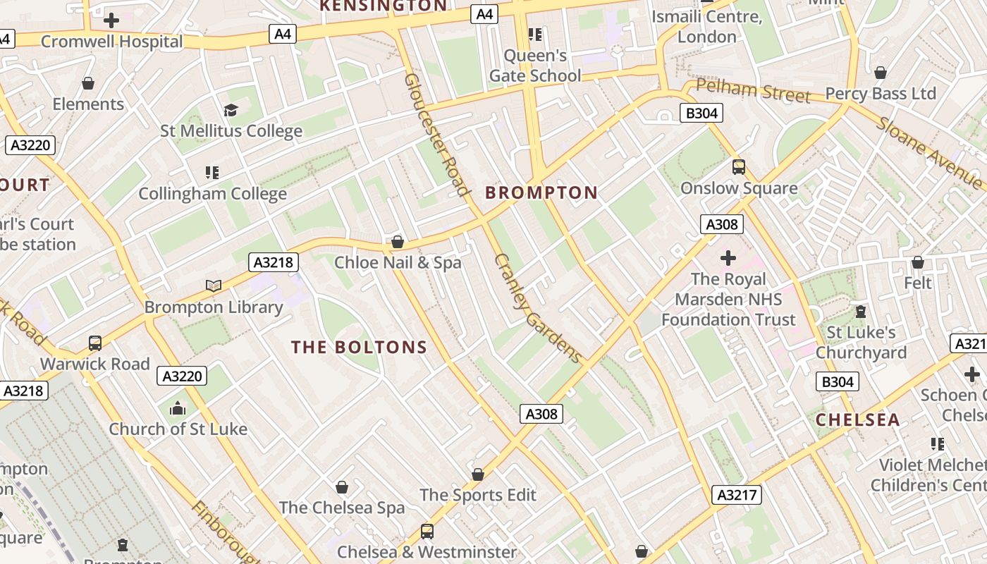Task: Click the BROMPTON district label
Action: pyautogui.click(x=541, y=192)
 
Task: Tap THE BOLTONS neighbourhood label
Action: pyautogui.click(x=359, y=347)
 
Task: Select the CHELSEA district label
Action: pyautogui.click(x=857, y=420)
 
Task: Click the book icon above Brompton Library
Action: pyautogui.click(x=214, y=286)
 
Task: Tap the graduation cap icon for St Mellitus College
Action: pyautogui.click(x=231, y=110)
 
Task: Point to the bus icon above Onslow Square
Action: pyautogui.click(x=738, y=167)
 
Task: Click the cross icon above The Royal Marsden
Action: pyautogui.click(x=728, y=258)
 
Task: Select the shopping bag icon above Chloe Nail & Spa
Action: pyautogui.click(x=398, y=243)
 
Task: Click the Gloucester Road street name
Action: pyautogui.click(x=436, y=134)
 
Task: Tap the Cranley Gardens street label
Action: pyautogui.click(x=538, y=308)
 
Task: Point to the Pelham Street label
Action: pyautogui.click(x=752, y=90)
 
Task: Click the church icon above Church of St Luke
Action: pyautogui.click(x=178, y=408)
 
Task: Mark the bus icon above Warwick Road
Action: pyautogui.click(x=95, y=343)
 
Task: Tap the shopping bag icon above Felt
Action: pyautogui.click(x=917, y=262)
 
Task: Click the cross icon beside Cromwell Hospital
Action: pyautogui.click(x=111, y=20)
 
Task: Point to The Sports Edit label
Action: pyautogui.click(x=478, y=495)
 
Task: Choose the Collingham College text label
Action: pyautogui.click(x=212, y=193)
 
